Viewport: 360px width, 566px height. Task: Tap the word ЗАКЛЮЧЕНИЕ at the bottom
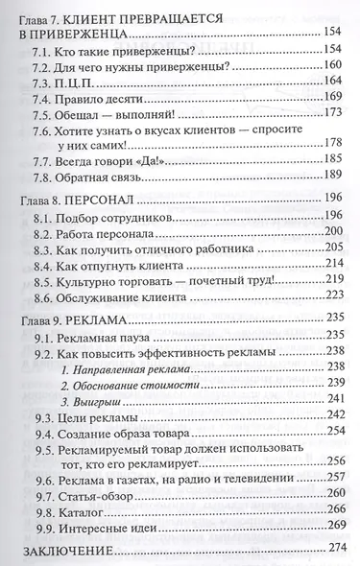(64, 554)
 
